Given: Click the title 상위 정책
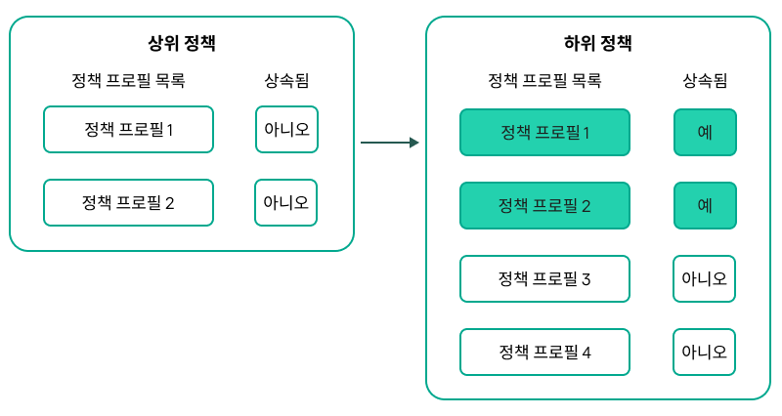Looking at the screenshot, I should click(x=182, y=44).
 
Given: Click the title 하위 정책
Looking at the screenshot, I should click(x=598, y=44).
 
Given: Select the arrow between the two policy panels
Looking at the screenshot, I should click(x=388, y=143).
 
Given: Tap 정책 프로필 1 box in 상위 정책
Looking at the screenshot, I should click(x=128, y=130).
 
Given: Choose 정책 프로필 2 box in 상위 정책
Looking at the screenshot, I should click(x=128, y=203).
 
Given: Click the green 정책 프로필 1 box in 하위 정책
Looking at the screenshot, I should click(x=544, y=133).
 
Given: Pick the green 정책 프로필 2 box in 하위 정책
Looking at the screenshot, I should click(x=544, y=206).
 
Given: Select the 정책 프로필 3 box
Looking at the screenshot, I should click(x=544, y=279).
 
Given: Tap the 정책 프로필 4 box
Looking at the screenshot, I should click(x=544, y=353).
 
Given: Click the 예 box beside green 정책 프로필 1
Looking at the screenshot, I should click(x=705, y=133).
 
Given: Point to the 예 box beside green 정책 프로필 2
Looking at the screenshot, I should click(x=705, y=206).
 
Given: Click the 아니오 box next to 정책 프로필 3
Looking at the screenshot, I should click(x=704, y=279).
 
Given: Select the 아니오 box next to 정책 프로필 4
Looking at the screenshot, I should click(x=704, y=353).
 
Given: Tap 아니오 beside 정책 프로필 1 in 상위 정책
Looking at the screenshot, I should click(x=286, y=130).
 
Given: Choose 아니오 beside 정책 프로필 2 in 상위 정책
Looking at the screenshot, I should click(x=285, y=203).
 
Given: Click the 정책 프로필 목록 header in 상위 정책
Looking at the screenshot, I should click(x=128, y=80).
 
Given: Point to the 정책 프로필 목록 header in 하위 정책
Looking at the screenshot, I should click(x=544, y=81).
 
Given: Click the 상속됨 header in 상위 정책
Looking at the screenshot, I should click(x=286, y=80).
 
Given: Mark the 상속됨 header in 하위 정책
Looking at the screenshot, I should click(x=705, y=81).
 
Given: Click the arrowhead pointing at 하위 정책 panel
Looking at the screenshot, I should click(x=414, y=143).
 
